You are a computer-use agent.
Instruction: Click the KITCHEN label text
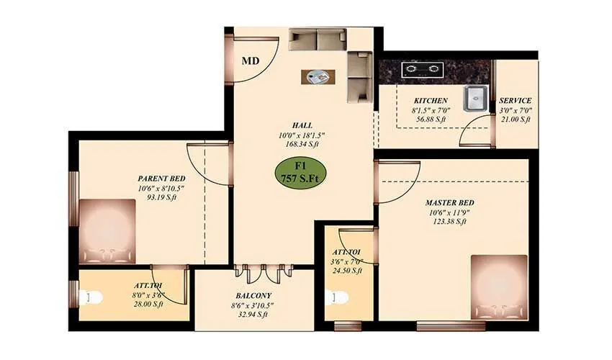[x=431, y=101]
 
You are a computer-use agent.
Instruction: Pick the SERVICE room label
[x=516, y=101]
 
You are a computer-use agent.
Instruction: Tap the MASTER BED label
[x=449, y=202]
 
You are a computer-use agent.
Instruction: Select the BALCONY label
[x=253, y=295]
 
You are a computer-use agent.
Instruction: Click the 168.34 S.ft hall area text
[x=302, y=144]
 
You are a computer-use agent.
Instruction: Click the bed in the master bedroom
[x=499, y=286]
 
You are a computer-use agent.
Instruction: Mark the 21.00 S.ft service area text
[x=516, y=120]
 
